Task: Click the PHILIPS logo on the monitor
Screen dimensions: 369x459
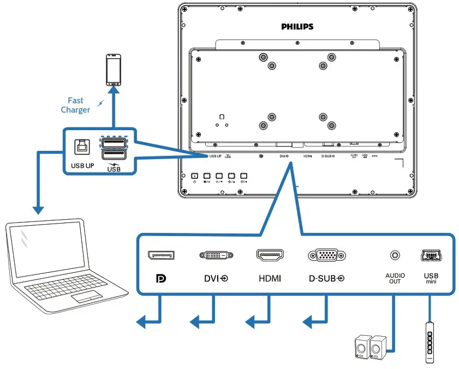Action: pyautogui.click(x=297, y=26)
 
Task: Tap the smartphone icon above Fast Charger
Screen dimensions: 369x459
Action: pyautogui.click(x=114, y=69)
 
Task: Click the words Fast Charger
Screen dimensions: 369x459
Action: pyautogui.click(x=75, y=105)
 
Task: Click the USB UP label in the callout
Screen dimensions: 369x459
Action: pyautogui.click(x=82, y=165)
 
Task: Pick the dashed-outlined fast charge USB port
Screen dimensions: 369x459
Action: pyautogui.click(x=113, y=143)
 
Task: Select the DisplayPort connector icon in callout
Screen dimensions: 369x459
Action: pyautogui.click(x=160, y=255)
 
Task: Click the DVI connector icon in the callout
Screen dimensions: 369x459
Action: pyautogui.click(x=216, y=255)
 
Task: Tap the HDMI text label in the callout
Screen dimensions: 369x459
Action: pyautogui.click(x=270, y=278)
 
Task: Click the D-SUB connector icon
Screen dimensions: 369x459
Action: pyautogui.click(x=326, y=255)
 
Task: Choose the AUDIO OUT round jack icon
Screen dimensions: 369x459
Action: pyautogui.click(x=394, y=255)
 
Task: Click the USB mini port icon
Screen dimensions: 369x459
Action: pyautogui.click(x=431, y=255)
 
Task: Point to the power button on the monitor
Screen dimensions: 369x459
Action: pyautogui.click(x=195, y=176)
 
